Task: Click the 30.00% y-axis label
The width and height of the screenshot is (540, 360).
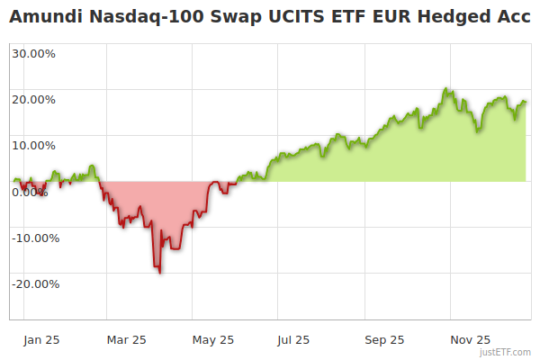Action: (x=34, y=53)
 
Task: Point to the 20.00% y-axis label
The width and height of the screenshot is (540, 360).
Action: (x=34, y=99)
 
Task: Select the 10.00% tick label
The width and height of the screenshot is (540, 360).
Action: (x=34, y=145)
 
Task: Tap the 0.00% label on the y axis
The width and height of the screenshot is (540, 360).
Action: (x=31, y=192)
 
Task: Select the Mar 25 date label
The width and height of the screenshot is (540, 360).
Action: (x=126, y=340)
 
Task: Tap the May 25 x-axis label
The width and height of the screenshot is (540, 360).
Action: (x=213, y=340)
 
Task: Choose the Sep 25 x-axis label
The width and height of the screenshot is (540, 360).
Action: (x=384, y=340)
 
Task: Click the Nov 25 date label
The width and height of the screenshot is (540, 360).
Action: (x=471, y=340)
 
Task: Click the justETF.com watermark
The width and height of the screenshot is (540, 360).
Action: (x=505, y=352)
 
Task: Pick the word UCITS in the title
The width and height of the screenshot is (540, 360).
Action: (x=280, y=18)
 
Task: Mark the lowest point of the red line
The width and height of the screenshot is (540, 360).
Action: (x=160, y=273)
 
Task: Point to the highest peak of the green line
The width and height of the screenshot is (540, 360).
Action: (x=445, y=89)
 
